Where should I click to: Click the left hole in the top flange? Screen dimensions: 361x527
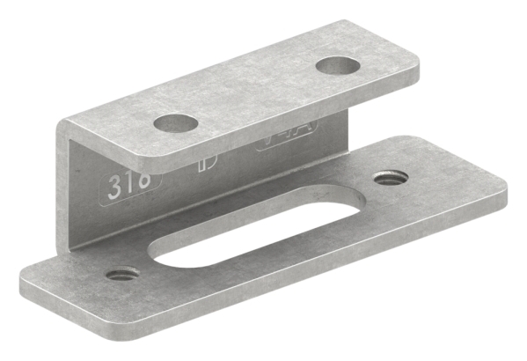click(174, 122)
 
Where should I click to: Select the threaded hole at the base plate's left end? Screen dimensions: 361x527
click(122, 274)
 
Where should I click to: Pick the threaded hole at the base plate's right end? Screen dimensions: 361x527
click(390, 178)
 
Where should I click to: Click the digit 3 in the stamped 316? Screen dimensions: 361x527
click(114, 188)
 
